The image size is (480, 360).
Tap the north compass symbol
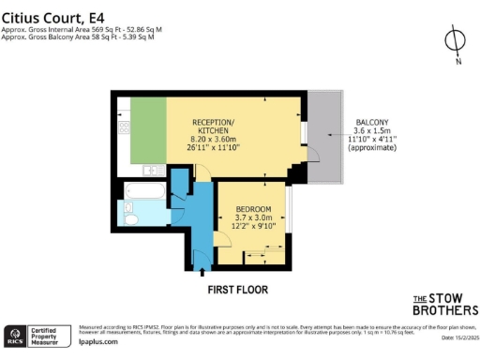455,41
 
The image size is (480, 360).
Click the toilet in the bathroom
131,219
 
